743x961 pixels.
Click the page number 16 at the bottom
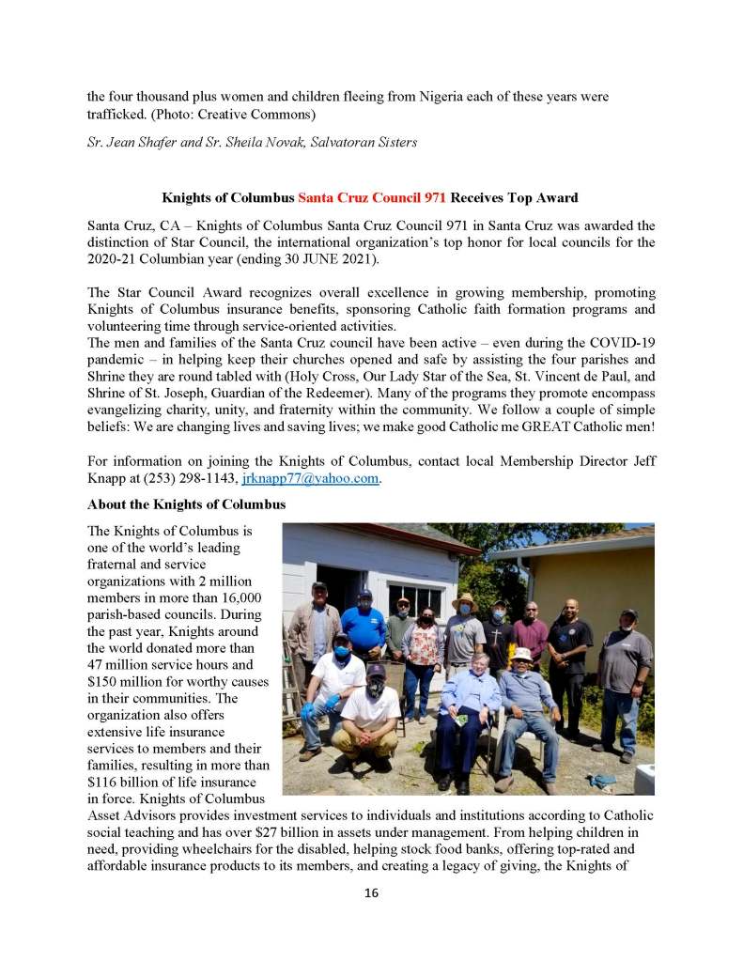click(x=371, y=892)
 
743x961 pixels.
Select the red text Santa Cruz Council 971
click(x=373, y=198)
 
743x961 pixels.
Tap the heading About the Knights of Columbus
click(x=186, y=504)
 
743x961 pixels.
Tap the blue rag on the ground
click(x=602, y=779)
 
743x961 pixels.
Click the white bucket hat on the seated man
click(x=522, y=653)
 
